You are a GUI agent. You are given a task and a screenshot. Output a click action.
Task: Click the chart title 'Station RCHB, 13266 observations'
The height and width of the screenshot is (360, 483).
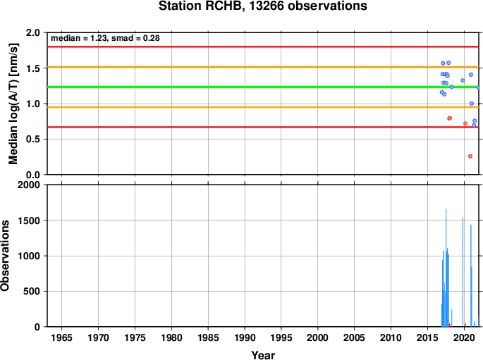262,6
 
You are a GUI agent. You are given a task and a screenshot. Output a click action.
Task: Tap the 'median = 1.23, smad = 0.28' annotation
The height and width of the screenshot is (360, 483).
105,38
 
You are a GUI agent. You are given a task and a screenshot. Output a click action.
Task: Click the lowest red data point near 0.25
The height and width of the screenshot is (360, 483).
470,156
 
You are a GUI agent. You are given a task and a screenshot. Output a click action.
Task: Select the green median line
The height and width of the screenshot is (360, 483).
263,87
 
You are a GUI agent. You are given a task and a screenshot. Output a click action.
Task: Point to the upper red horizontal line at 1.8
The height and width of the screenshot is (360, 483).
263,46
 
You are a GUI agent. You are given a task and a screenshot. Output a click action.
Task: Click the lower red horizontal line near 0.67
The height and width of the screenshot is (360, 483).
263,127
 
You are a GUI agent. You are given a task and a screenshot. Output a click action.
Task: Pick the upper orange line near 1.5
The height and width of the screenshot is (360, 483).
263,67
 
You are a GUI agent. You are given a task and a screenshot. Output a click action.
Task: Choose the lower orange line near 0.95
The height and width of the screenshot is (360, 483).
263,107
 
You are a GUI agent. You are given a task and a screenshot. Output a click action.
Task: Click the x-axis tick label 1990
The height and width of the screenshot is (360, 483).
245,338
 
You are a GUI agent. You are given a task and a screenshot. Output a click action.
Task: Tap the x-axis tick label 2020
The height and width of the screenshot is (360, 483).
464,338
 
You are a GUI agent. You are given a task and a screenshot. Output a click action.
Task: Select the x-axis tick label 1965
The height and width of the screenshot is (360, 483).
61,338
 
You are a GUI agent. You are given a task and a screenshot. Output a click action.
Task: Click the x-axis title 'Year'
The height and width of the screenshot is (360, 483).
263,355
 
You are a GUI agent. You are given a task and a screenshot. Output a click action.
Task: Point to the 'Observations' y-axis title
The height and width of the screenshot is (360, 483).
5,256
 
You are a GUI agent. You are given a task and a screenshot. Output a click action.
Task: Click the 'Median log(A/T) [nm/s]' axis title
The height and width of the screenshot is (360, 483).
13,104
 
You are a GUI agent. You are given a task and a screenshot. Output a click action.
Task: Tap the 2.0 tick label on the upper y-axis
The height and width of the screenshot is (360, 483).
33,32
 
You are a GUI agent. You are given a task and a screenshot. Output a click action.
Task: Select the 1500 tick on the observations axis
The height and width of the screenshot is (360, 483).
29,221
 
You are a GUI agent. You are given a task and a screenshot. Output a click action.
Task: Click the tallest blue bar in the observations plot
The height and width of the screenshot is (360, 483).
446,268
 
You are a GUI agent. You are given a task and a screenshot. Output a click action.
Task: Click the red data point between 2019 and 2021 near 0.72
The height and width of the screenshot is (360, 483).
465,123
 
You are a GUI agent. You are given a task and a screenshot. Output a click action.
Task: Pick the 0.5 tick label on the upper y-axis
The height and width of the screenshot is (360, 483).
33,139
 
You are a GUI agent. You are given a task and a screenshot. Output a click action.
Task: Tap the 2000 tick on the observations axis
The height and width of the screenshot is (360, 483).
29,185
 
